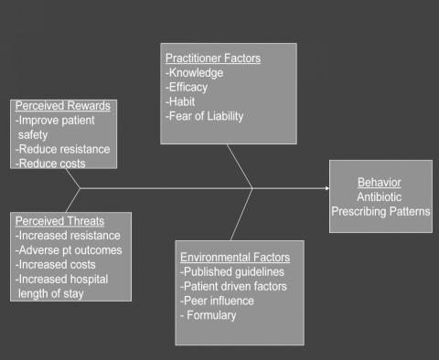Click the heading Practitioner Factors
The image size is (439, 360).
tap(213, 58)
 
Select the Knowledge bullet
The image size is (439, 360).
tap(195, 73)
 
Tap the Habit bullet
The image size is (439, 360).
tap(180, 101)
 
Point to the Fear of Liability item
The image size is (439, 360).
tap(205, 116)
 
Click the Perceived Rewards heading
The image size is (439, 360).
tap(63, 106)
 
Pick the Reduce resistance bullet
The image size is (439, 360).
tap(63, 149)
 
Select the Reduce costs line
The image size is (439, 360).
tap(50, 164)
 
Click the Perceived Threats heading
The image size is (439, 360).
tap(59, 221)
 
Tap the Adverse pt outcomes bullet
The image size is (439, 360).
tap(69, 250)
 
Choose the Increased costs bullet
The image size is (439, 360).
tap(56, 265)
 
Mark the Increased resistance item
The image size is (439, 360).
tap(68, 236)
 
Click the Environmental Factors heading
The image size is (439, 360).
tap(235, 258)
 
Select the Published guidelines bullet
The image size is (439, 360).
tap(232, 271)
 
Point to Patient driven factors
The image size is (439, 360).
tap(233, 286)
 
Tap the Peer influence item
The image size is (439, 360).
tap(217, 301)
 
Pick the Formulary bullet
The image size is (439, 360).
tap(209, 315)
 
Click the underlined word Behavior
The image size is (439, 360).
tap(380, 183)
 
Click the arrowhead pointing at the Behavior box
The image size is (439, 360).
tap(327, 188)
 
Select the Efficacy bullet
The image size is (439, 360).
tap(187, 87)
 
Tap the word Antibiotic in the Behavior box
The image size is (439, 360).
tap(380, 197)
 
